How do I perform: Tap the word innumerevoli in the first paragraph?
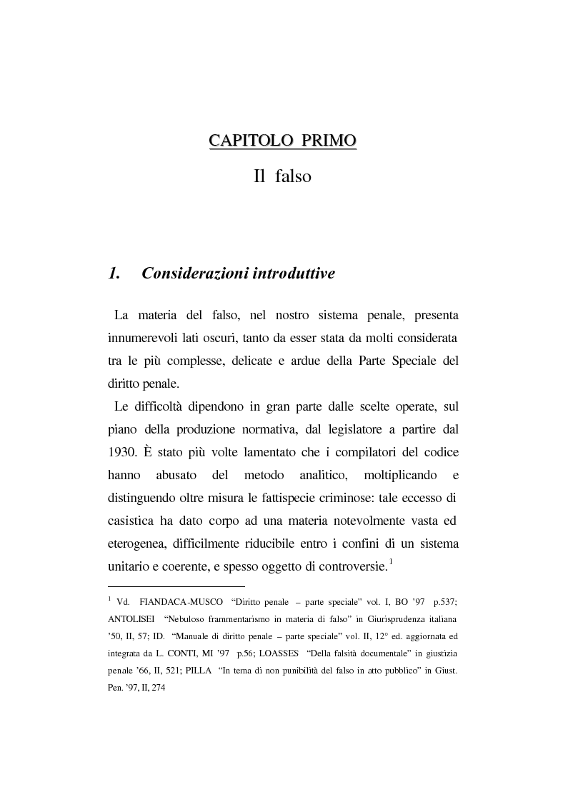point(140,336)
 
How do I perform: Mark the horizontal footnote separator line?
point(176,586)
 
